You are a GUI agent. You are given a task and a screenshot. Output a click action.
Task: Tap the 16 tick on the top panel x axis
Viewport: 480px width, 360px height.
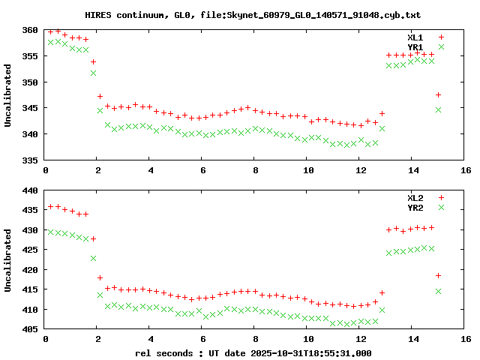466,171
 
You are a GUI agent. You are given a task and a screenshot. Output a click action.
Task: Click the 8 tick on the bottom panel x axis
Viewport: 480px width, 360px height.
256,339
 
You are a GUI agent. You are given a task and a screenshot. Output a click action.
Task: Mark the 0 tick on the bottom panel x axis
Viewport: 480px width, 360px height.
46,339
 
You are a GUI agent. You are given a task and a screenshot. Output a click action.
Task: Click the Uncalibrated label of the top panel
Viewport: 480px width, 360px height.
8,95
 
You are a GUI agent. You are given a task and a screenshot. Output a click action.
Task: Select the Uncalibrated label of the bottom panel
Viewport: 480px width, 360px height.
8,259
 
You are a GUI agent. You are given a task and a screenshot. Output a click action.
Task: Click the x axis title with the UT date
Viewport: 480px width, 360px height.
253,352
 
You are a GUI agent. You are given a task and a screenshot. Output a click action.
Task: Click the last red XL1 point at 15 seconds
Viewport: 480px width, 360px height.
439,94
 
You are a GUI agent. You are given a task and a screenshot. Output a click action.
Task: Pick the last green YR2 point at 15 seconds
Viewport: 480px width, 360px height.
439,291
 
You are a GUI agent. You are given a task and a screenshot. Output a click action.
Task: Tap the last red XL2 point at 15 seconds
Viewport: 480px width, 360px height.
439,275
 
